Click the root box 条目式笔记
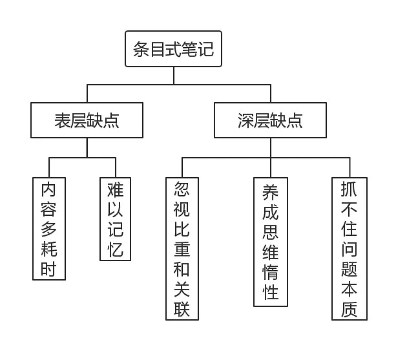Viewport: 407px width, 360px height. (173, 49)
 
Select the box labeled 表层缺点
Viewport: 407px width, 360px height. (87, 120)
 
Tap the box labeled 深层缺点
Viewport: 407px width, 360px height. (270, 120)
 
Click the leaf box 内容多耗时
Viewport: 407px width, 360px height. (49, 229)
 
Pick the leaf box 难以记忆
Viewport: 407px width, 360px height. (115, 219)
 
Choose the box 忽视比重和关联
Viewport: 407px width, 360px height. (182, 249)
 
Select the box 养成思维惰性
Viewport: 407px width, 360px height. (271, 242)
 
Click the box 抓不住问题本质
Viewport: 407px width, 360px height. (350, 249)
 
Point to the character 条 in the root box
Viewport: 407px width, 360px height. (141, 50)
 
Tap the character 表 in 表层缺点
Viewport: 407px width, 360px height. (63, 121)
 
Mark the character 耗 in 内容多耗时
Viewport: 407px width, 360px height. (49, 249)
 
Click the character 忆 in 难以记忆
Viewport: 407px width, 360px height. (115, 249)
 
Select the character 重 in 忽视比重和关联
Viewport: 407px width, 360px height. (182, 249)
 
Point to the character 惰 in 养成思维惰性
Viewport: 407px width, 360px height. (271, 272)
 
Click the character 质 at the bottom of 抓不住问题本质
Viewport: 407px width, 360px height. (350, 310)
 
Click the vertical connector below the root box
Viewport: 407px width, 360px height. (174, 76)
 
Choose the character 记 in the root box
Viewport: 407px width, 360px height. (205, 50)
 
